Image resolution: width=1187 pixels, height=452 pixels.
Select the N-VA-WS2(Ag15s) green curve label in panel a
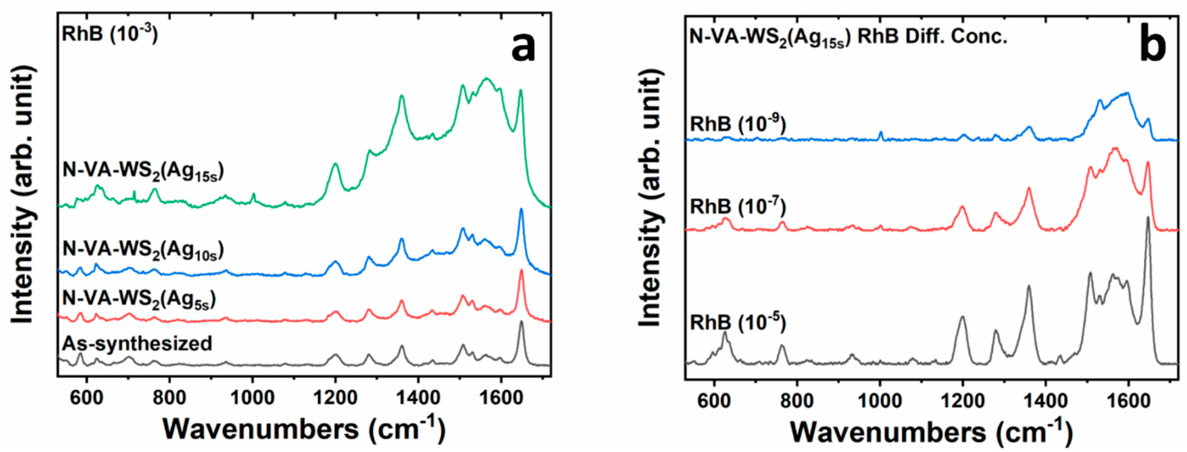143,172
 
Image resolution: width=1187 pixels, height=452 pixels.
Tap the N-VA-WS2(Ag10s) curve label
143,250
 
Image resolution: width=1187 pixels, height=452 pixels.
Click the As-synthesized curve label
137,344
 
